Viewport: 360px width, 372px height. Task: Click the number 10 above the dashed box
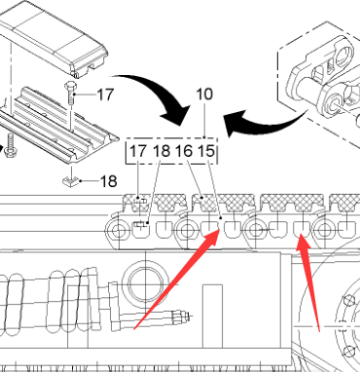(x=204, y=94)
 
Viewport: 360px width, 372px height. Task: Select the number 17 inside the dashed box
(x=138, y=151)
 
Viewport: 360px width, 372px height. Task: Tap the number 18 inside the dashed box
(x=162, y=151)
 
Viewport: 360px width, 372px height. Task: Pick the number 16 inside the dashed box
(x=184, y=151)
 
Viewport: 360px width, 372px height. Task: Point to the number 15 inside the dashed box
(x=206, y=151)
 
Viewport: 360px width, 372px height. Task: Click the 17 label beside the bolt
(x=105, y=94)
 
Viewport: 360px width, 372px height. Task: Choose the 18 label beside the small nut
(x=108, y=181)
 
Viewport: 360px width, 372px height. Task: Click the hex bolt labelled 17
(x=71, y=93)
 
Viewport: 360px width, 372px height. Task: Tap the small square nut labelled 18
(x=71, y=181)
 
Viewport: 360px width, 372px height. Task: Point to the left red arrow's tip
(x=220, y=229)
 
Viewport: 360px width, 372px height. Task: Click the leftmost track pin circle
(x=118, y=231)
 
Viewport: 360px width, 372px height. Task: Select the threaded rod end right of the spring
(x=179, y=316)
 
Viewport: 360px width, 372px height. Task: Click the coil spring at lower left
(x=49, y=302)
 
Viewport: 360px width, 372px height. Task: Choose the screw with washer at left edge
(x=11, y=148)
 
